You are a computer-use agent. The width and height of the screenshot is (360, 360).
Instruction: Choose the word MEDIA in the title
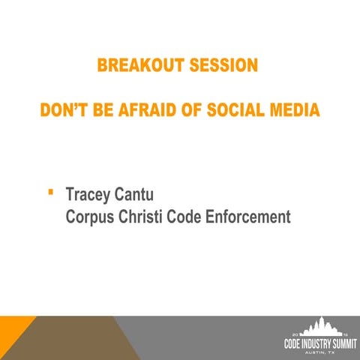(294, 111)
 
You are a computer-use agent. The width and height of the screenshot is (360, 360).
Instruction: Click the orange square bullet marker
(49, 193)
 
